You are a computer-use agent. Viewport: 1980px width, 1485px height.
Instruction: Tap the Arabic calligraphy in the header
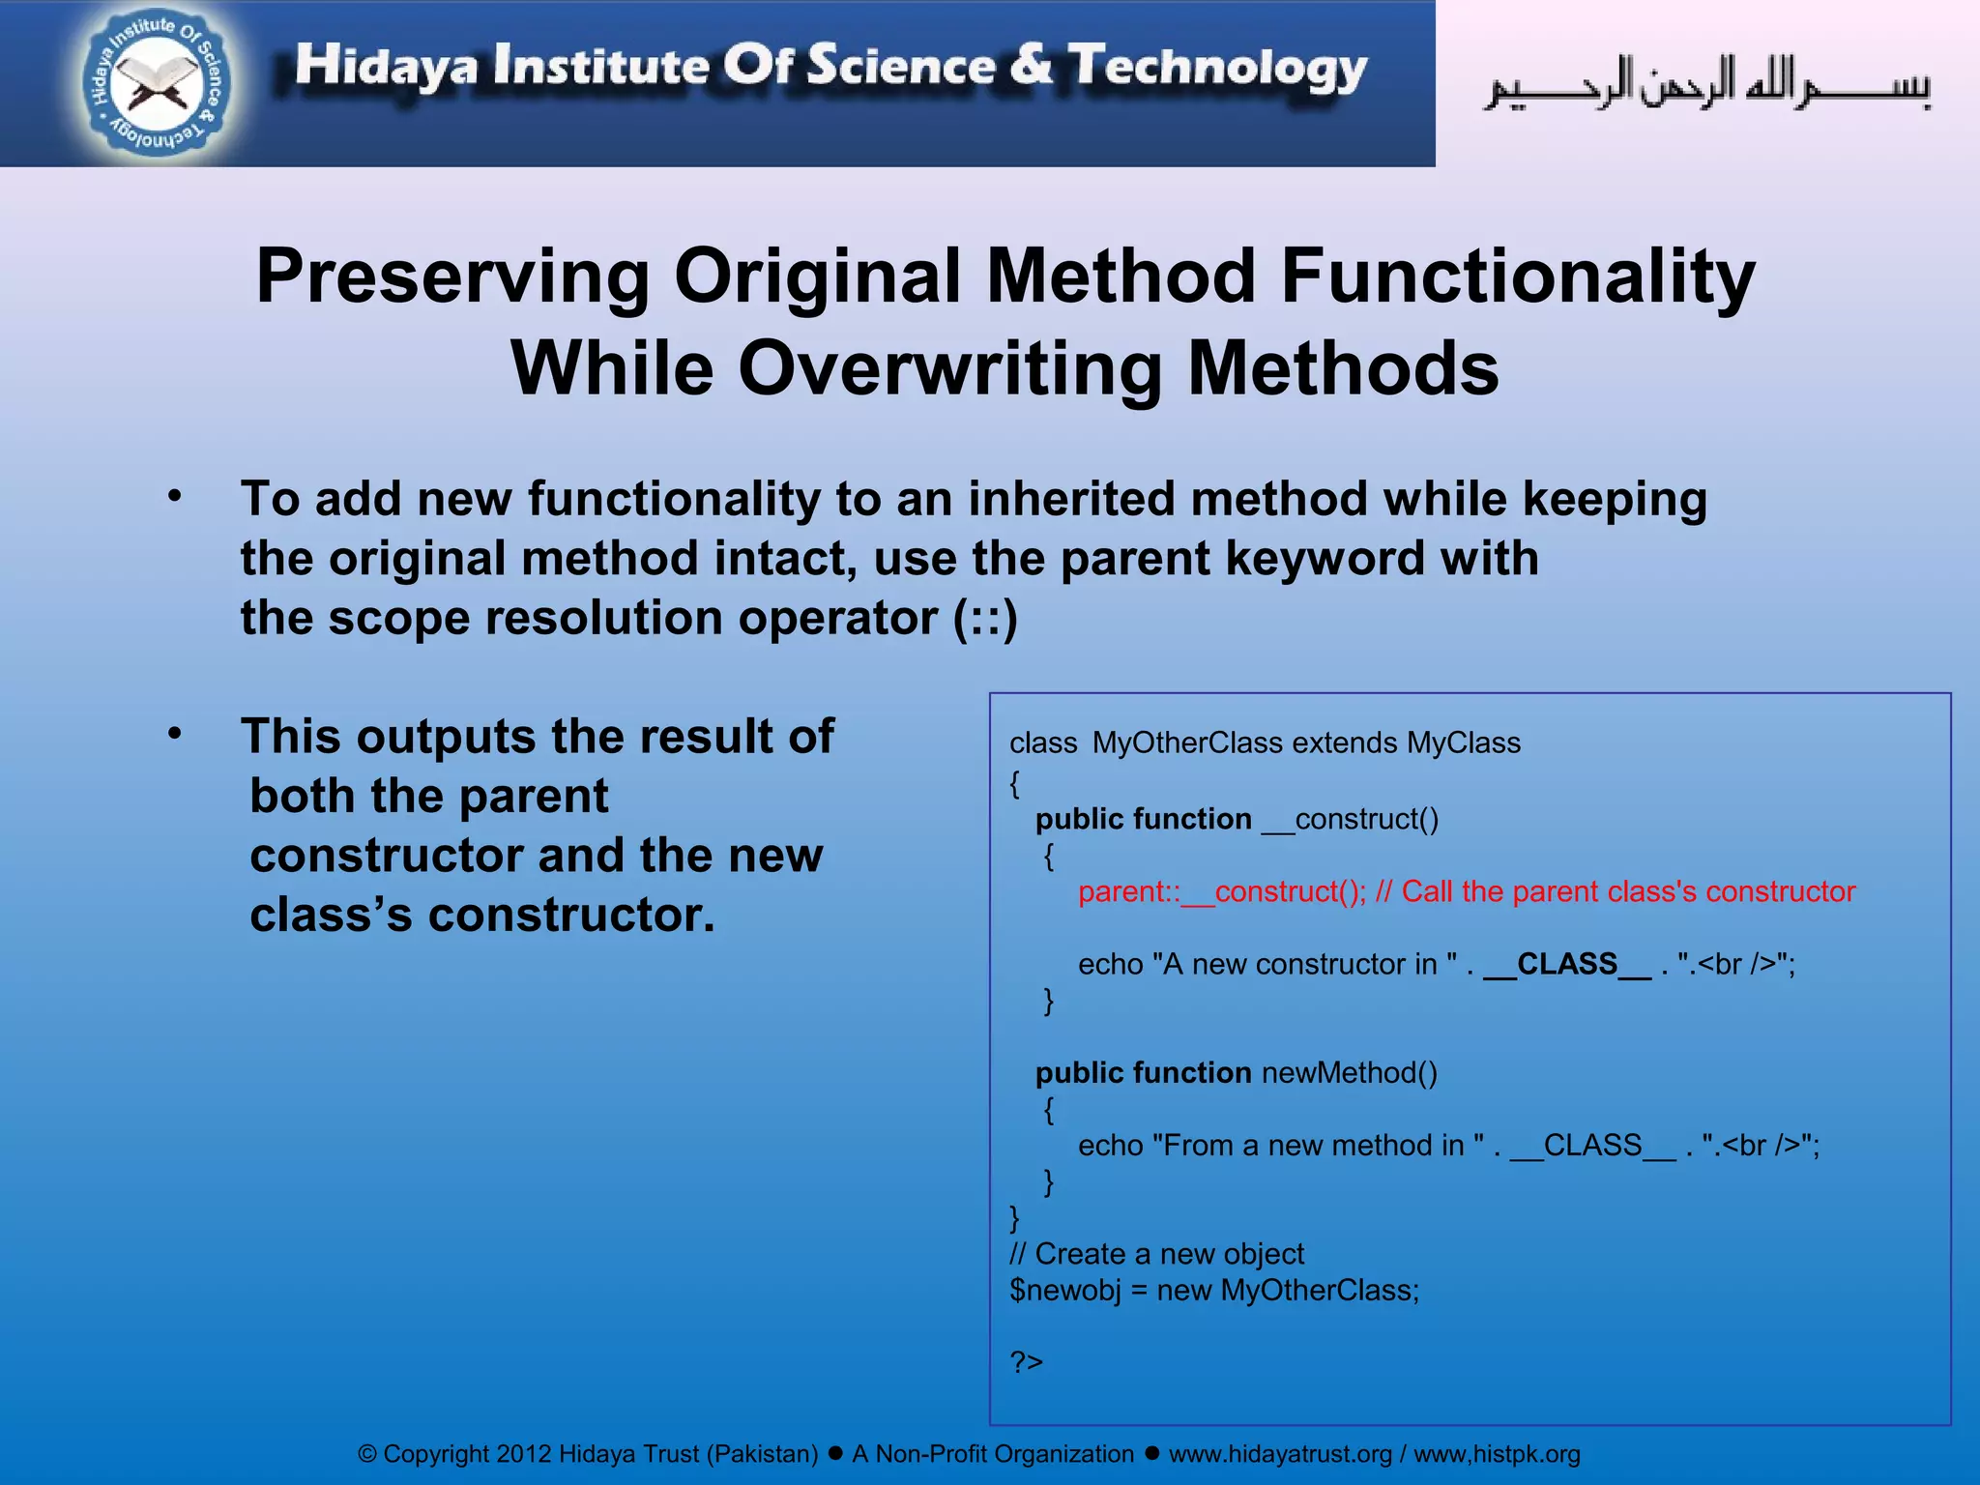click(x=1707, y=85)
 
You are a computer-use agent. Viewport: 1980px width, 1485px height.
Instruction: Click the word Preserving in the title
click(x=452, y=277)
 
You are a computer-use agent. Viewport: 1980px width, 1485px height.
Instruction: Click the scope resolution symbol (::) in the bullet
click(x=985, y=619)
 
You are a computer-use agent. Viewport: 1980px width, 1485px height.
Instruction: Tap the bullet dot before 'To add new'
click(x=174, y=496)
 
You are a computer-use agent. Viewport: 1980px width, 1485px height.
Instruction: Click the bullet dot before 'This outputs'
click(x=174, y=734)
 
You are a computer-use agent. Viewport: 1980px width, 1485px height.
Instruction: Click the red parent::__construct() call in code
click(x=1221, y=891)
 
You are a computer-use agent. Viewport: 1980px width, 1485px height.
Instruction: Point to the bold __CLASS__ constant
click(x=1567, y=964)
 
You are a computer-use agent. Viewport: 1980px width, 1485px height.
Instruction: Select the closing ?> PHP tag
click(x=1026, y=1362)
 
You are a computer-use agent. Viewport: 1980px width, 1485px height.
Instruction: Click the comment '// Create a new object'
click(x=1156, y=1254)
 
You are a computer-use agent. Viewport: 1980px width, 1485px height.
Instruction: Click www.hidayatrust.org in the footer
click(x=1280, y=1454)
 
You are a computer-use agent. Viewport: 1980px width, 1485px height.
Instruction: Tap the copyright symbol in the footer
click(x=367, y=1454)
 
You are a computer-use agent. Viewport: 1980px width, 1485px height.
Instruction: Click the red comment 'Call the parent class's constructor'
click(x=1628, y=891)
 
